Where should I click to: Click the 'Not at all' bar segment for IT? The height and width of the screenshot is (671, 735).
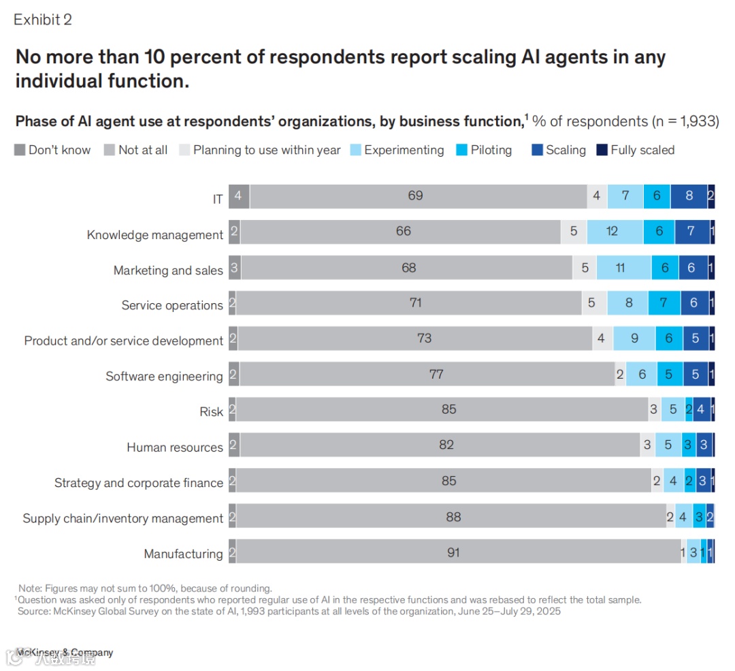click(x=415, y=196)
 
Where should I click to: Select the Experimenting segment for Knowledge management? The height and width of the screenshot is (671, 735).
click(x=612, y=232)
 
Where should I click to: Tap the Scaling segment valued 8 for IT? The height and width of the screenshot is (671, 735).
click(x=689, y=196)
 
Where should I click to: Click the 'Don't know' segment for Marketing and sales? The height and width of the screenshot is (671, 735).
click(x=234, y=268)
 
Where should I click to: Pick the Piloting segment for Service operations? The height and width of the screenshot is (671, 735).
click(x=664, y=303)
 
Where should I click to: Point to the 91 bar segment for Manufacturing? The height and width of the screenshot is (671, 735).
click(x=453, y=552)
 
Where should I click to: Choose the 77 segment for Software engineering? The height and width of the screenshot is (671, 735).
click(x=436, y=374)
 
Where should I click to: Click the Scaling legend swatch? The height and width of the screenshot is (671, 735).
click(x=538, y=150)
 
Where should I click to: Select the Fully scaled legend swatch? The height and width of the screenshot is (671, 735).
click(x=602, y=150)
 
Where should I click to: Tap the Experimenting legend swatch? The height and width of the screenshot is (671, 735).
click(x=356, y=150)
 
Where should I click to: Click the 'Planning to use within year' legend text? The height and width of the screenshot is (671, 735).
click(x=267, y=150)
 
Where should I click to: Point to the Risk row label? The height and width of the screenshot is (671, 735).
click(x=211, y=411)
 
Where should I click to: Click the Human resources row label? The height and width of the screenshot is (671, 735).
click(x=175, y=448)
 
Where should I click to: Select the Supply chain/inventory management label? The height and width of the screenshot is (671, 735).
click(x=123, y=518)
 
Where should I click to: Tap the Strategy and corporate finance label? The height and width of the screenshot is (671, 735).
click(x=139, y=483)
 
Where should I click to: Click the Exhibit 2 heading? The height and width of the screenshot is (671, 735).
click(x=43, y=20)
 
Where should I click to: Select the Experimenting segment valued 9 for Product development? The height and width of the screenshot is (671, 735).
click(x=634, y=339)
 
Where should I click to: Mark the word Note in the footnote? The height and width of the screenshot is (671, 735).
click(x=31, y=588)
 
